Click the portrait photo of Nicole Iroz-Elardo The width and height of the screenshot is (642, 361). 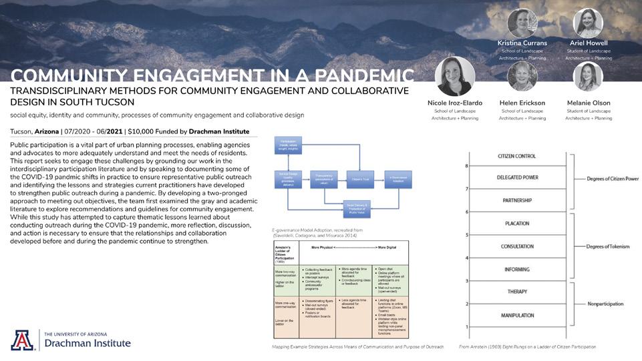click(455, 76)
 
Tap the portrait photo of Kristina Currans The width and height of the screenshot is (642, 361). click(522, 23)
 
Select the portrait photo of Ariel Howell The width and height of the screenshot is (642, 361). click(588, 23)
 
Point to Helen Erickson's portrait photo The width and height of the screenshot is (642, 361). click(522, 77)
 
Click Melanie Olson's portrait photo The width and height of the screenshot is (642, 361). click(588, 77)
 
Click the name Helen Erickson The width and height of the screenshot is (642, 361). click(522, 103)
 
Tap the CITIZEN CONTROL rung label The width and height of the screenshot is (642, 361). click(517, 155)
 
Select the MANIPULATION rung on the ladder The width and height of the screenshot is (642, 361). click(517, 315)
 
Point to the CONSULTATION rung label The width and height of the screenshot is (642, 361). click(517, 246)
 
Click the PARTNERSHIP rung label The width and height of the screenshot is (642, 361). click(517, 200)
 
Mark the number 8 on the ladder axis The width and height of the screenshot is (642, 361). click(466, 165)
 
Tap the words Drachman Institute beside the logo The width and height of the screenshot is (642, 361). click(88, 344)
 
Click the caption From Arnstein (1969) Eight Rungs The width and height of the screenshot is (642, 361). click(527, 347)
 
